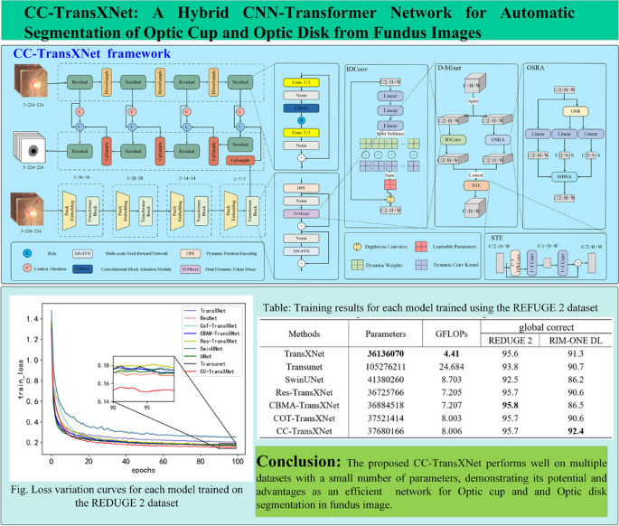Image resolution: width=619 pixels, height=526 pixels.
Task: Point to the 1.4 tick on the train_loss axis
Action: [x=33, y=319]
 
